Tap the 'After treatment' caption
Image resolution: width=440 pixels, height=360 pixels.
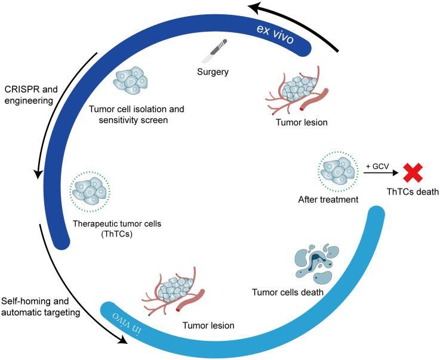pyautogui.click(x=328, y=200)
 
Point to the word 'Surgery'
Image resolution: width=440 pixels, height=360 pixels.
pyautogui.click(x=213, y=73)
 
